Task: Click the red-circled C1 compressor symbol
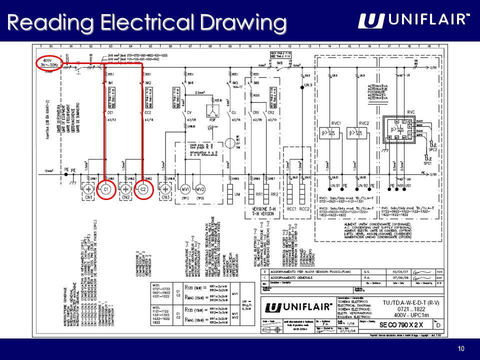click(106, 190)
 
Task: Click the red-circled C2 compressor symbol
click(142, 190)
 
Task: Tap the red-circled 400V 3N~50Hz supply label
click(48, 64)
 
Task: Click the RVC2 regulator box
click(364, 132)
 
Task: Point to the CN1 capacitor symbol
click(88, 190)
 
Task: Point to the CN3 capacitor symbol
click(165, 190)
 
